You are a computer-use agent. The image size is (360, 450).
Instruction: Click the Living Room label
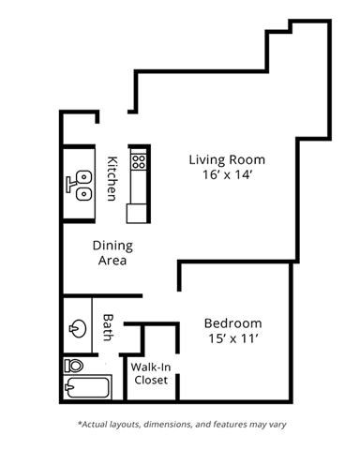pos(227,158)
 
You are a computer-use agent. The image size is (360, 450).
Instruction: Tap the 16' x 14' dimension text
pos(227,175)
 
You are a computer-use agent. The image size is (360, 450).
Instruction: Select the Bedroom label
pos(232,322)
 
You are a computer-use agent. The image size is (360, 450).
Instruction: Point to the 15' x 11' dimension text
pos(232,339)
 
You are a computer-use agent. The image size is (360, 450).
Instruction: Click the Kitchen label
pos(112,177)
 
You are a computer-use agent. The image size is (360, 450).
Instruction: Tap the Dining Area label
pos(112,253)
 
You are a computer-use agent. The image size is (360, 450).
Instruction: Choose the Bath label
pos(108,325)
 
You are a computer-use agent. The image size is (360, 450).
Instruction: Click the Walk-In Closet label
pos(150,373)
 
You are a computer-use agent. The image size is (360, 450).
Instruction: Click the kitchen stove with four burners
pos(139,160)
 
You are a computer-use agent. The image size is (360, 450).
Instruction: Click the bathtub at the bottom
pos(86,387)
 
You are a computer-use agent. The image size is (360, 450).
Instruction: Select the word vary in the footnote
pos(275,424)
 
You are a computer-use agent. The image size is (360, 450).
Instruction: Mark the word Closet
pos(150,380)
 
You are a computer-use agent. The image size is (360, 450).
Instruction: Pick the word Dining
pos(112,246)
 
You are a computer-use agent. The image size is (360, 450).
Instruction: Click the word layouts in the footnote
pos(128,424)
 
